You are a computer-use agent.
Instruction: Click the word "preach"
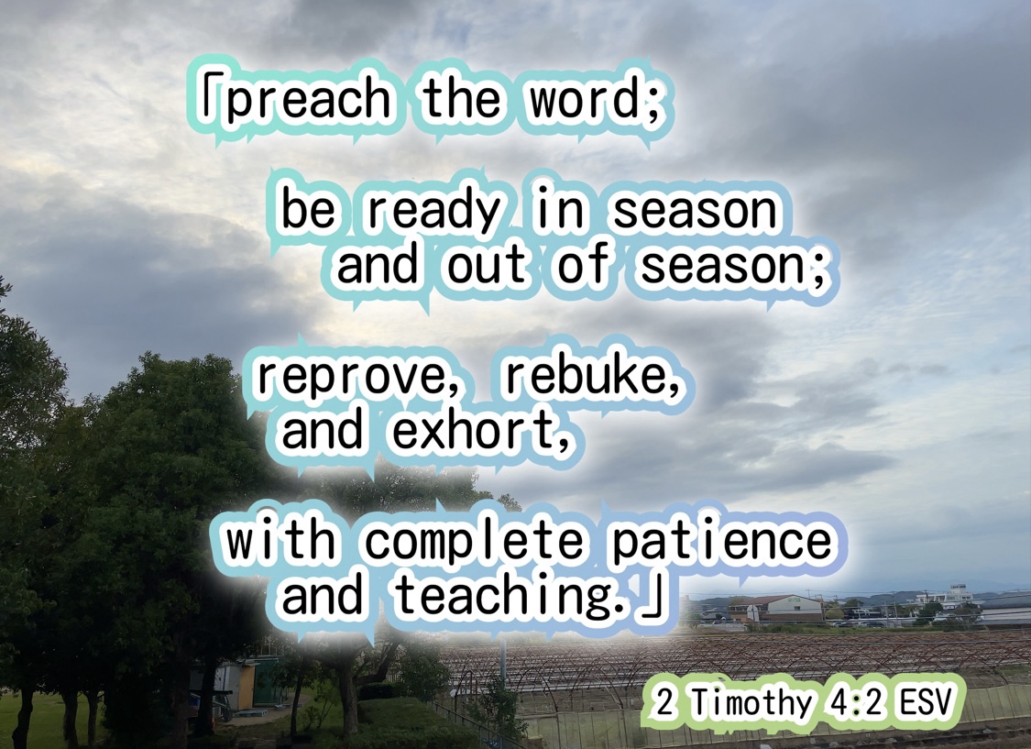click(x=308, y=100)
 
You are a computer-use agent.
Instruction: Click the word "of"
click(x=583, y=264)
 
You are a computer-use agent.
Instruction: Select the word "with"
click(x=280, y=538)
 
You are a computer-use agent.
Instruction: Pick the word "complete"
click(x=474, y=543)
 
